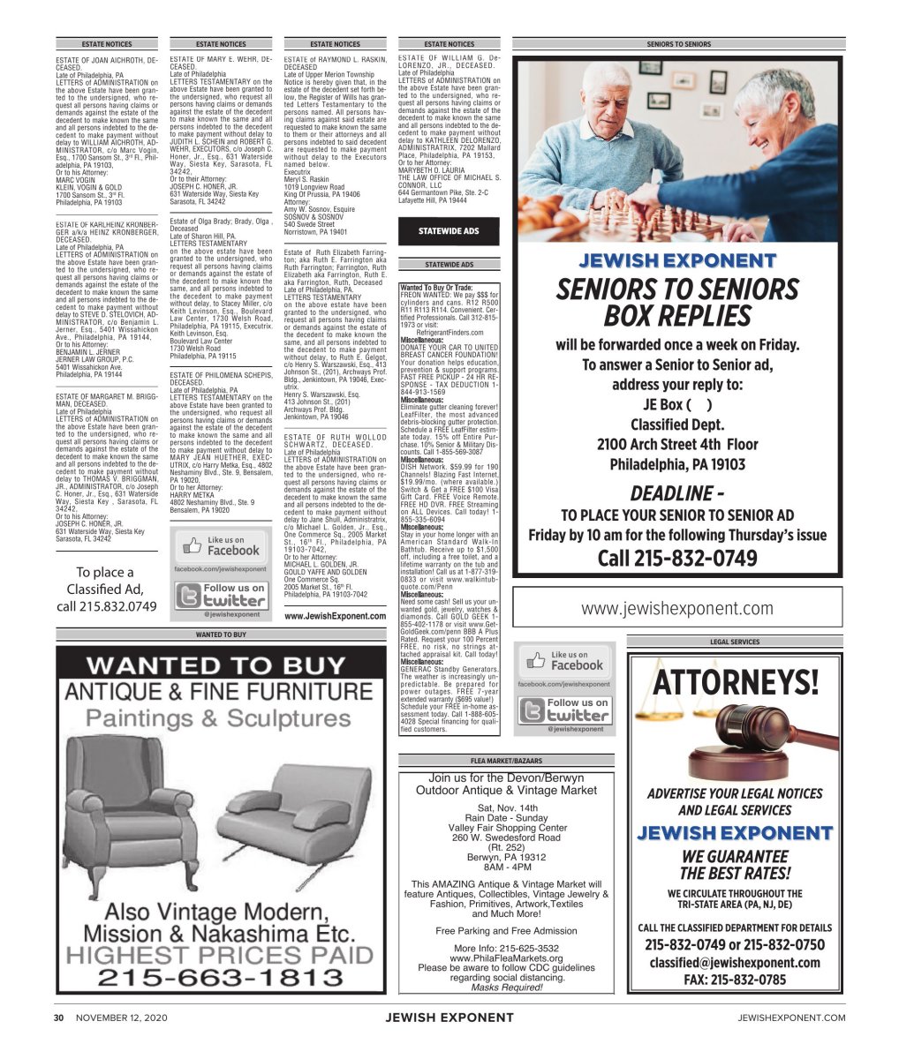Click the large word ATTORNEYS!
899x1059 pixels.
[x=736, y=681]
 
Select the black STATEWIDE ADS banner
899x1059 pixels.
[x=449, y=232]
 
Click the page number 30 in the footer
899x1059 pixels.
[x=59, y=1018]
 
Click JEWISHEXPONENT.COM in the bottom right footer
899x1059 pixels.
[x=791, y=1018]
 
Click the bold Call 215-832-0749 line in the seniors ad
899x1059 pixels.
[x=677, y=559]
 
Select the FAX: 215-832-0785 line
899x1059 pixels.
[x=735, y=980]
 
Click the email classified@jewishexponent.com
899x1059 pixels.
[x=735, y=963]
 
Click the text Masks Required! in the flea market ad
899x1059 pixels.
[x=506, y=988]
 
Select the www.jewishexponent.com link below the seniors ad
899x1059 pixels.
[x=677, y=608]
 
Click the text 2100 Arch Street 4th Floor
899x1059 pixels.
[x=677, y=444]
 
